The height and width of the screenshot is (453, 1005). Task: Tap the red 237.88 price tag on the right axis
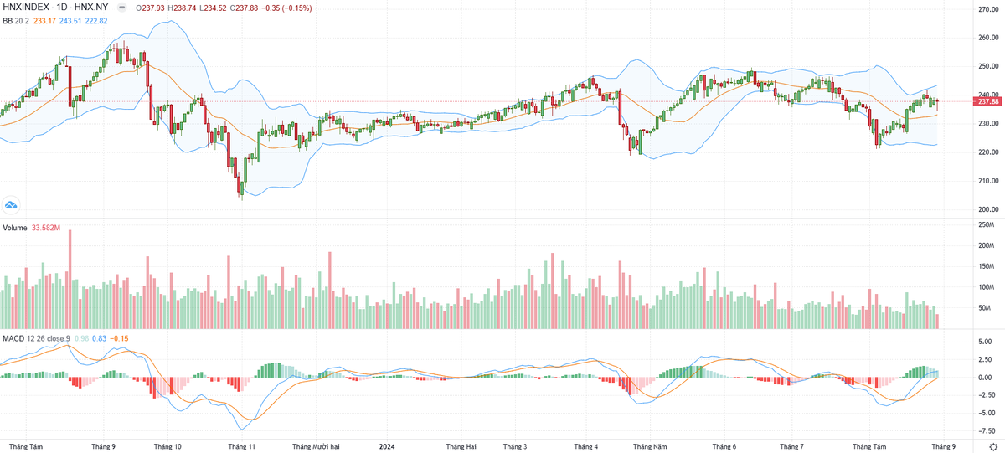(988, 101)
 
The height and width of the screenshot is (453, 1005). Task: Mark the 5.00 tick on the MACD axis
(986, 342)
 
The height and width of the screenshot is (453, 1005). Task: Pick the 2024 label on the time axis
(387, 446)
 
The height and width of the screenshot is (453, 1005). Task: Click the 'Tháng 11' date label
(241, 446)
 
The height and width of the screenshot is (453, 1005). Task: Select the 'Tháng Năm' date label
(649, 446)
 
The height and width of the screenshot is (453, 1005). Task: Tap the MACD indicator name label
(13, 337)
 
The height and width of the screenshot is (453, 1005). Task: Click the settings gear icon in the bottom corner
(993, 446)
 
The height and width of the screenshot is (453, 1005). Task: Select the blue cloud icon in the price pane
(12, 204)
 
